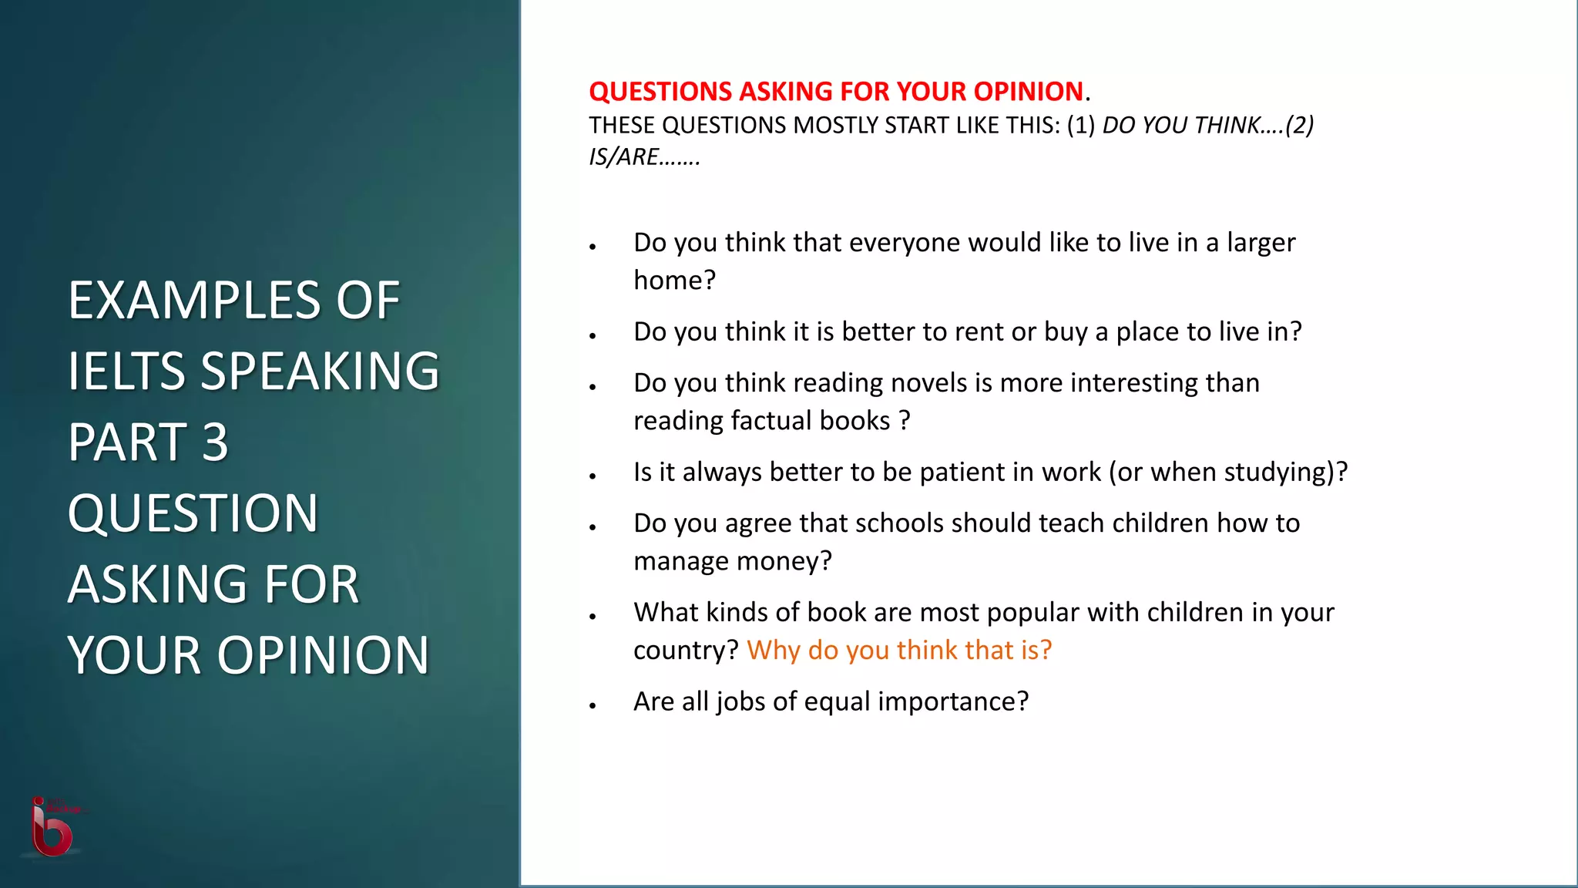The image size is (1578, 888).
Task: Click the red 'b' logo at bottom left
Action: [52, 829]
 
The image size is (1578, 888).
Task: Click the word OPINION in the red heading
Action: [1028, 92]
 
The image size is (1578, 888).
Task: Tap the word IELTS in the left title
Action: [126, 372]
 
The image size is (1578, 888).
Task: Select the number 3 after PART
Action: [215, 442]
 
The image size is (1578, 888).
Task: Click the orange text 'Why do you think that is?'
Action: [898, 651]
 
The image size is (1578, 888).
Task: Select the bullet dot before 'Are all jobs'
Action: [593, 705]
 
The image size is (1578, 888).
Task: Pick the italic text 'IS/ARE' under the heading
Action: [623, 157]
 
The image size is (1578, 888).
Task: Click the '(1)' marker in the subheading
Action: [1080, 126]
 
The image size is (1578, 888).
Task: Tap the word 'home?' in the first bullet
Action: [674, 281]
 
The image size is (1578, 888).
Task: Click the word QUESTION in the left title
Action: [193, 513]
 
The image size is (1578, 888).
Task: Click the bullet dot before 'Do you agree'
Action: [593, 527]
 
